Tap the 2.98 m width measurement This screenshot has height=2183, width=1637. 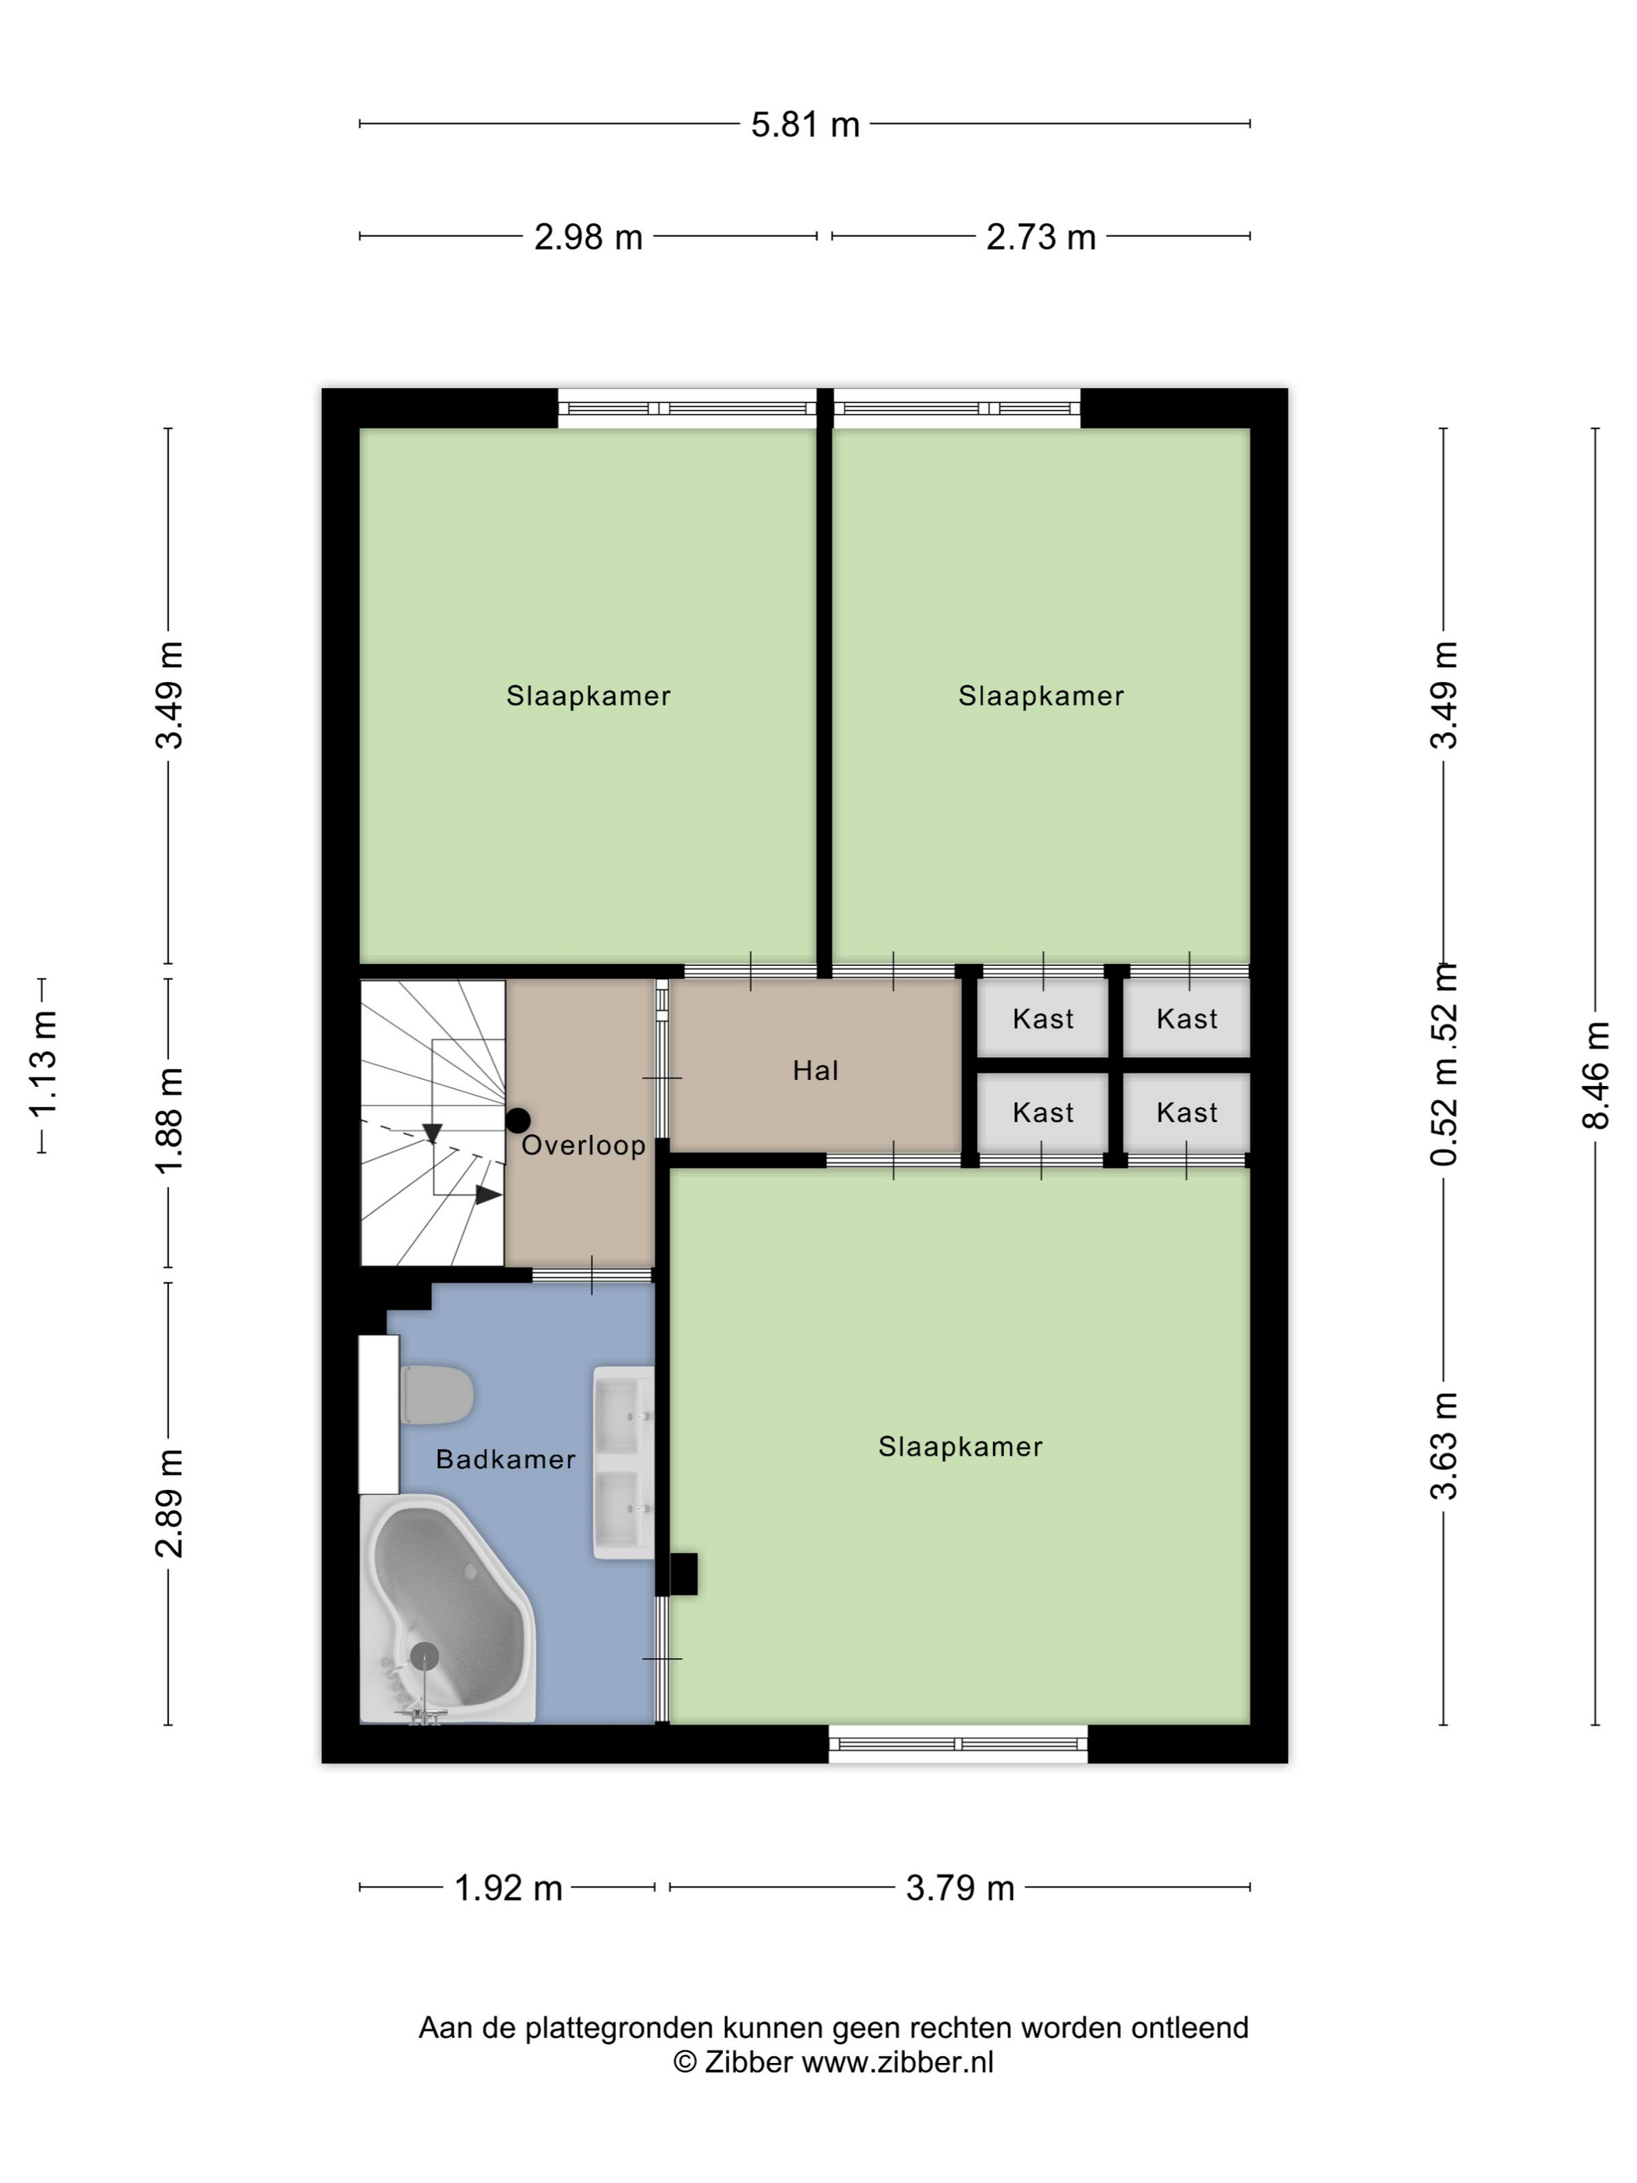point(588,238)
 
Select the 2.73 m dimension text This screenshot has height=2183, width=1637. point(1041,238)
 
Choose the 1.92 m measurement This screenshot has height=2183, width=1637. point(508,1888)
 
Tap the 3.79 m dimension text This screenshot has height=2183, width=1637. point(960,1888)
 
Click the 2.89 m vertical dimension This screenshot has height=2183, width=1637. point(168,1503)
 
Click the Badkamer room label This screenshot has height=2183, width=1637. point(505,1459)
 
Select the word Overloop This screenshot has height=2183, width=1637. point(583,1146)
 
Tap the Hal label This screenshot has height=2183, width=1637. point(815,1070)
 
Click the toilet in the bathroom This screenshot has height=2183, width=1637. point(437,1396)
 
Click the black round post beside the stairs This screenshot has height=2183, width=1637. point(518,1120)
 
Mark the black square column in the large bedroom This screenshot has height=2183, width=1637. point(684,1574)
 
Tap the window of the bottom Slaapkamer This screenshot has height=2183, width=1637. point(958,1744)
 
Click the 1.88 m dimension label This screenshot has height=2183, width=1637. point(168,1121)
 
